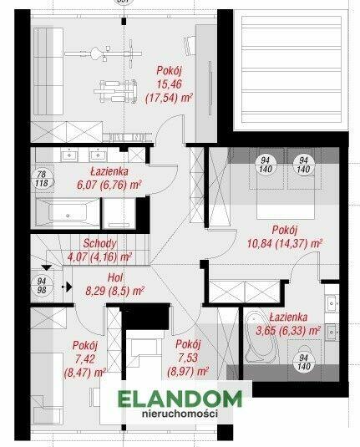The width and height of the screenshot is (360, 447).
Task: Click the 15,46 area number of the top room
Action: pyautogui.click(x=169, y=84)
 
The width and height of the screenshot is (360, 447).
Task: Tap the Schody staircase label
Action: pyautogui.click(x=99, y=243)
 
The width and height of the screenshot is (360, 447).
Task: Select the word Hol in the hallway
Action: pyautogui.click(x=115, y=277)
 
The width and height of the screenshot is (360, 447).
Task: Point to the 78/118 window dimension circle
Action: pyautogui.click(x=42, y=179)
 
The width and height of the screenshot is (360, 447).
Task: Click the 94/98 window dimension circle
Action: pyautogui.click(x=42, y=286)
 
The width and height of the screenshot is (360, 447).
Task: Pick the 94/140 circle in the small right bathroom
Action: pyautogui.click(x=304, y=362)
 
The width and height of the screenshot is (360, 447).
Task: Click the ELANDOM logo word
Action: pyautogui.click(x=180, y=399)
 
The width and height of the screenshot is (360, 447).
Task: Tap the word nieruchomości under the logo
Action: pyautogui.click(x=180, y=413)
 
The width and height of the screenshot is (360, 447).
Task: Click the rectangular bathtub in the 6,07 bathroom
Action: pyautogui.click(x=68, y=213)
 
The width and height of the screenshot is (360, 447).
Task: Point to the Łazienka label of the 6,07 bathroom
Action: pyautogui.click(x=109, y=171)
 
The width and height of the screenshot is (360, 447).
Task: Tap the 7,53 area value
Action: pyautogui.click(x=188, y=358)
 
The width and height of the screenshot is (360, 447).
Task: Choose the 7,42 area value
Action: pyautogui.click(x=84, y=359)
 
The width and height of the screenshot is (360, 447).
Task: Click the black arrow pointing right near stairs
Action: pyautogui.click(x=68, y=287)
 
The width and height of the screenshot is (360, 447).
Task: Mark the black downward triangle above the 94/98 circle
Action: pyautogui.click(x=47, y=267)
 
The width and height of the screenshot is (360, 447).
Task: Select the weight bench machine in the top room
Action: pyautogui.click(x=115, y=91)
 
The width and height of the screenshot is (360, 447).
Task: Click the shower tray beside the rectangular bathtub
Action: pyautogui.click(x=119, y=213)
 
